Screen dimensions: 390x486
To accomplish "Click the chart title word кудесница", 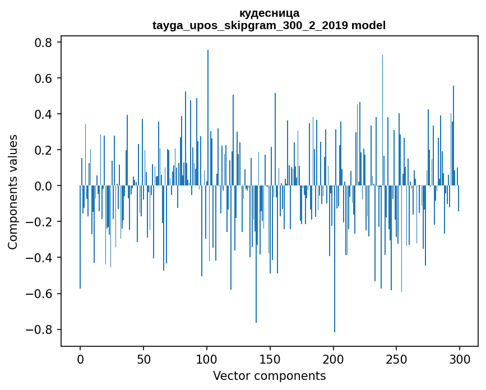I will click(269, 13).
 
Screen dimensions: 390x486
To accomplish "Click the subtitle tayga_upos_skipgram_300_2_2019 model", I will click(269, 25).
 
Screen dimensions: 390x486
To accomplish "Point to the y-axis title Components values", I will click(13, 192).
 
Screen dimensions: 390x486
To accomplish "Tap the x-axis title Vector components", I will click(269, 375).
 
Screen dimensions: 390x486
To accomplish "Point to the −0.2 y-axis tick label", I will click(39, 222).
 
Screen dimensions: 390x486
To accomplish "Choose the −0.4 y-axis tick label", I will click(39, 258).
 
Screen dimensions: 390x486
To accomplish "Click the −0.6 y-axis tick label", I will click(39, 294).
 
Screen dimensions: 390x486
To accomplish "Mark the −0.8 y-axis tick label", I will click(39, 329).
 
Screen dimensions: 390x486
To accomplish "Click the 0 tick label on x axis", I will click(80, 359).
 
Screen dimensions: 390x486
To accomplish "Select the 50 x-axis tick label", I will click(144, 359).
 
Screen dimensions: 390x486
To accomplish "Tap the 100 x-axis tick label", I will click(207, 359).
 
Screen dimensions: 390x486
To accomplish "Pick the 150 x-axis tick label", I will click(270, 359).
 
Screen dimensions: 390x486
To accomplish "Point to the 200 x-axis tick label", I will click(333, 359).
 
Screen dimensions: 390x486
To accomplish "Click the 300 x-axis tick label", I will click(460, 359).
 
